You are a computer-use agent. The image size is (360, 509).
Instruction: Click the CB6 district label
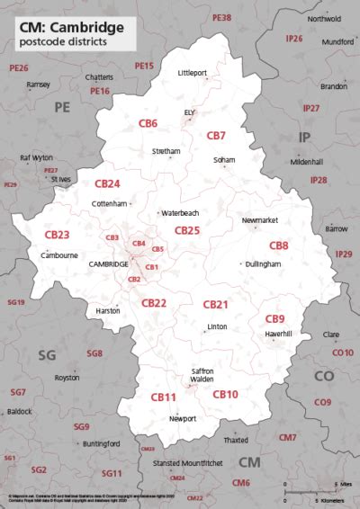tap(148, 123)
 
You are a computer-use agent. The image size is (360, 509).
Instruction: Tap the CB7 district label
tap(216, 136)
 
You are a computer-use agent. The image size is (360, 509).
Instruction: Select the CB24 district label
tap(107, 183)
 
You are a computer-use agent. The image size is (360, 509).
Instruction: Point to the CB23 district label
tap(57, 235)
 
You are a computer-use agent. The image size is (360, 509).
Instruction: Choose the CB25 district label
tap(187, 231)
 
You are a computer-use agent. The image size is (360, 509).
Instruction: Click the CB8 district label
tap(279, 246)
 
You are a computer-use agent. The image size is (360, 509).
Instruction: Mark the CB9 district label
tap(274, 319)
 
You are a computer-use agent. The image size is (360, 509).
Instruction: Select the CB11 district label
tap(163, 397)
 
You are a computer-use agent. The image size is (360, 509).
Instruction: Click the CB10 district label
tap(225, 394)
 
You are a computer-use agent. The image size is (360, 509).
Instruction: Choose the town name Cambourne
tap(58, 255)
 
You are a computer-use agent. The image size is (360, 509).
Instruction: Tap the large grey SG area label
tap(47, 355)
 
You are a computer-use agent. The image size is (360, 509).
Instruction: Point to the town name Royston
tap(67, 378)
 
